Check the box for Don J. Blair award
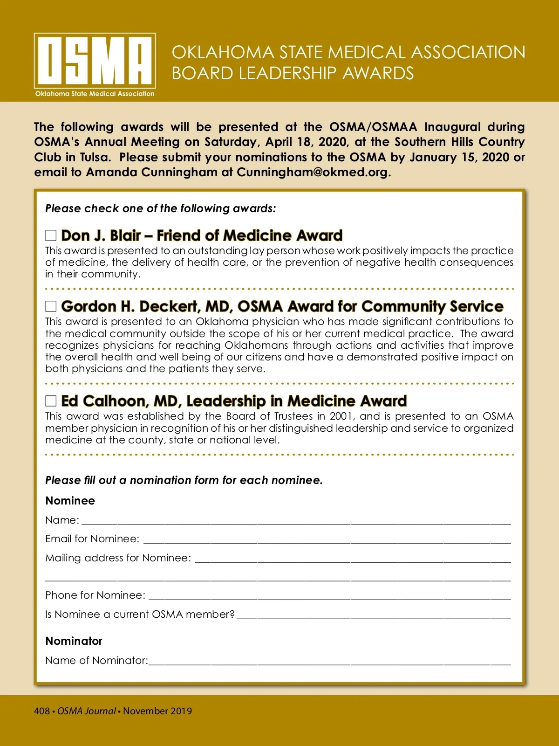point(51,235)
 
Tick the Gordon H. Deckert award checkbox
point(51,306)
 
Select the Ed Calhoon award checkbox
point(51,401)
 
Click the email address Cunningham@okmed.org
point(312,172)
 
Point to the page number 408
point(41,711)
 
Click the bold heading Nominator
point(74,641)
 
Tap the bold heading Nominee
point(70,501)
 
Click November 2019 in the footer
point(157,711)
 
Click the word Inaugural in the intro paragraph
point(452,127)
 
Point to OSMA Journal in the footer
point(86,711)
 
